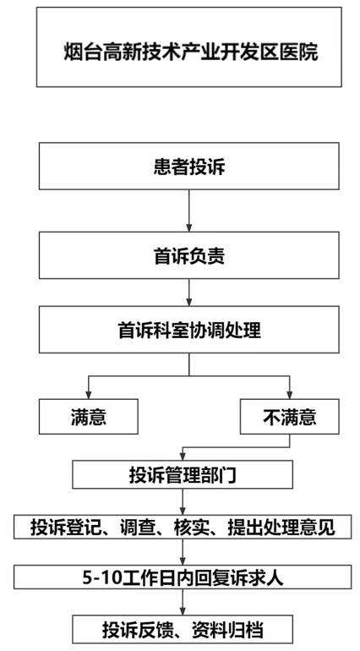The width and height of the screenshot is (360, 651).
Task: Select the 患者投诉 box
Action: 189,166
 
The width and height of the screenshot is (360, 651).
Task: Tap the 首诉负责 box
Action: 189,255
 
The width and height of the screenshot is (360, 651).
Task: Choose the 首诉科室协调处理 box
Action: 189,330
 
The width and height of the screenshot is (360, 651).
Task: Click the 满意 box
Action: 89,417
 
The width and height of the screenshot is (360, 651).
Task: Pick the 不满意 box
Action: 289,417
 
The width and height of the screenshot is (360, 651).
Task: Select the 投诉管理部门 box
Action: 183,474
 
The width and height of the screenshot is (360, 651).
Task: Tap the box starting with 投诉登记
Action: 183,527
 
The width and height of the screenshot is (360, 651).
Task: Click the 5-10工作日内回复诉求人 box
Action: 183,577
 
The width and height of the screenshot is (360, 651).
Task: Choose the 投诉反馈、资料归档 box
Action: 183,628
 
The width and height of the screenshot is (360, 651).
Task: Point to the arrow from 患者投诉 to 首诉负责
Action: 189,211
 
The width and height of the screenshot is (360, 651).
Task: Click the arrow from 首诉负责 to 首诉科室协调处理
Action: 189,293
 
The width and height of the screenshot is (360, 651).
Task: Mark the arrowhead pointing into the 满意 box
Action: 88,395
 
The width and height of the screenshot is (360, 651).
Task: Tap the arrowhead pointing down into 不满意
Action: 289,395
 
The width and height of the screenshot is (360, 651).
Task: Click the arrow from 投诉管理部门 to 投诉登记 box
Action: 183,501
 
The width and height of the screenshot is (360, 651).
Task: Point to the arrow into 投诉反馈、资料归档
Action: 183,602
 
